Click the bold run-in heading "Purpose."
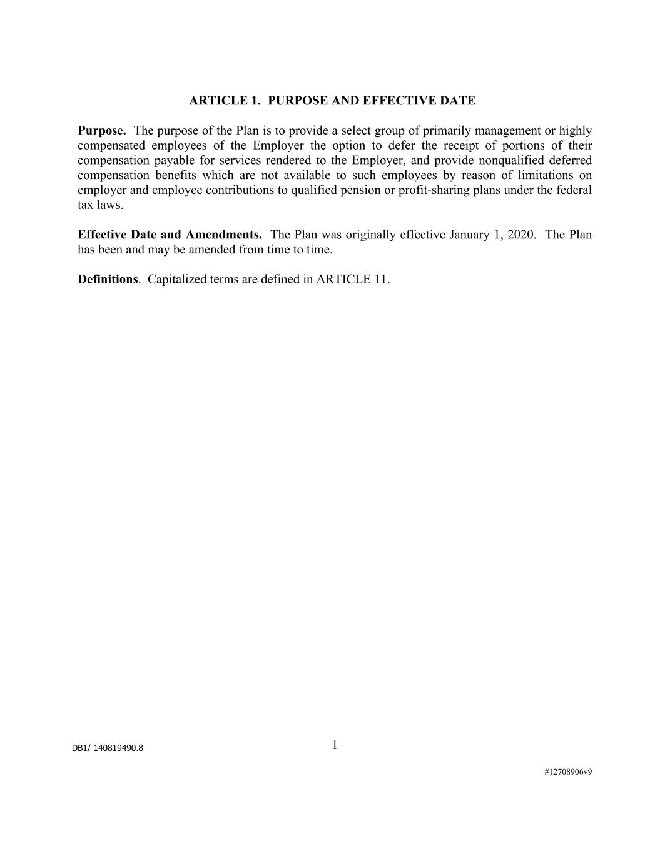pos(102,131)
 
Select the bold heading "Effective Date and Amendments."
pos(170,235)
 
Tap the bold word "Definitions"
pos(107,279)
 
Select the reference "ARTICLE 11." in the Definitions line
pos(353,279)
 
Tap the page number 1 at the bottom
pos(335,745)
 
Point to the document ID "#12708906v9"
pos(568,772)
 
